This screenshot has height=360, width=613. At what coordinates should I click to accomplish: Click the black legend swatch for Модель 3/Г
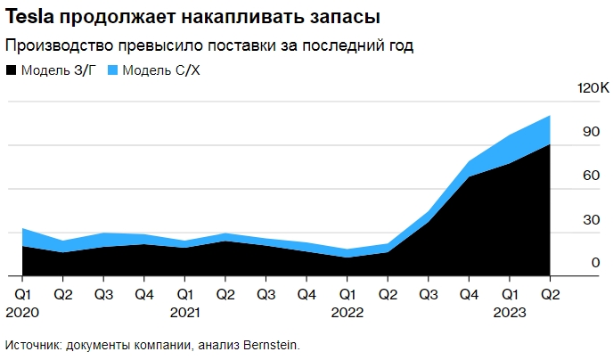coord(11,70)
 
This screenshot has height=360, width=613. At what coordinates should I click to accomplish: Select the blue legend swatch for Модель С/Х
coord(112,70)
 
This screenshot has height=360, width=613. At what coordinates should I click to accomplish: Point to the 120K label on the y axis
coord(592,89)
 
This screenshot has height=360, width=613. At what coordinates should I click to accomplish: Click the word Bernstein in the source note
coord(269,344)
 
